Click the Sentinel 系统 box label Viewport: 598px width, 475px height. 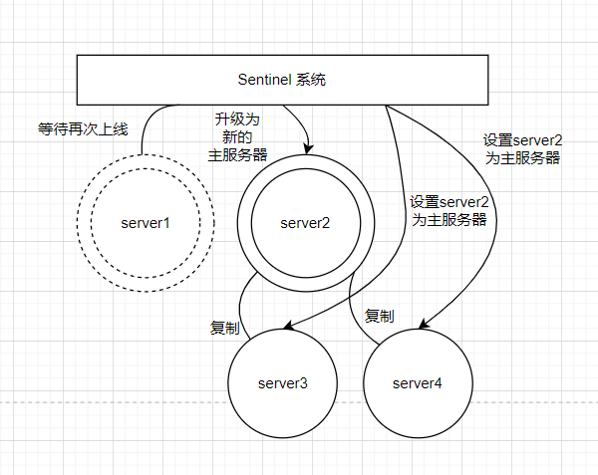[x=282, y=80]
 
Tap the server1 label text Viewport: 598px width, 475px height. [x=146, y=223]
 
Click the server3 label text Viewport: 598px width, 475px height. [x=283, y=382]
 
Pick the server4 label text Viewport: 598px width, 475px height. [x=418, y=382]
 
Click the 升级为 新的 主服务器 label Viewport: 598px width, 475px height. [x=237, y=136]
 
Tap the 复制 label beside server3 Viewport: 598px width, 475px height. [x=224, y=327]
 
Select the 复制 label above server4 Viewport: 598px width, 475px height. [x=379, y=316]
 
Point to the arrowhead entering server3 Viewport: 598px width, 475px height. [x=287, y=326]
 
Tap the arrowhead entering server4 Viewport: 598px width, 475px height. [x=424, y=324]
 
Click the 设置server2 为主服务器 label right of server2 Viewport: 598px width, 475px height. [x=448, y=211]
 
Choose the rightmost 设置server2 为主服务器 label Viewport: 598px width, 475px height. [x=521, y=148]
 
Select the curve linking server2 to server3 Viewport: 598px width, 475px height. [x=242, y=299]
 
